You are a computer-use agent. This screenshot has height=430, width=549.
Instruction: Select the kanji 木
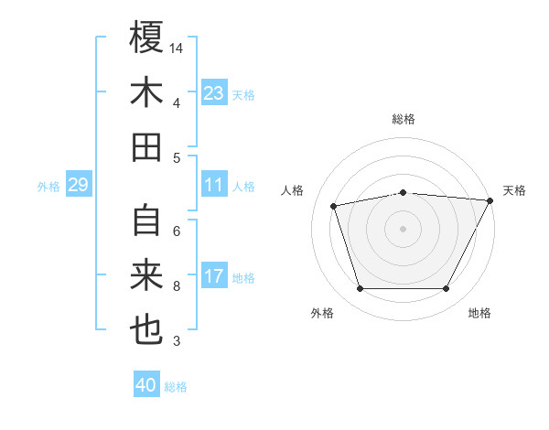tap(146, 92)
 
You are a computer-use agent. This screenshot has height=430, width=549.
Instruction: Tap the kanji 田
tap(146, 147)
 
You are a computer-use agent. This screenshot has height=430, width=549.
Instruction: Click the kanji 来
tap(146, 275)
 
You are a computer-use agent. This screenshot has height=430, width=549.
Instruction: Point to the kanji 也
tap(146, 330)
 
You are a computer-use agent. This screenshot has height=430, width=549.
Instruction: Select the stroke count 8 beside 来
tap(177, 286)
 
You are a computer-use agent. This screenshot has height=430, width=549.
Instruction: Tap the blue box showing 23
tap(214, 93)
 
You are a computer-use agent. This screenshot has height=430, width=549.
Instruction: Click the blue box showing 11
tap(214, 185)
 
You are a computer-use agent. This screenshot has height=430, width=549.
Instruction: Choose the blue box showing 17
tap(214, 276)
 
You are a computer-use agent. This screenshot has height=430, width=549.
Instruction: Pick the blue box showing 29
tap(78, 186)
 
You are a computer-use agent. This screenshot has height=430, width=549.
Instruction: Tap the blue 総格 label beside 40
tap(176, 387)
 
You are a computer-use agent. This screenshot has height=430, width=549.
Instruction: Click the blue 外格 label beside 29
tap(48, 187)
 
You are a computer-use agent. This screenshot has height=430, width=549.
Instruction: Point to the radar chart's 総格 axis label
tap(404, 119)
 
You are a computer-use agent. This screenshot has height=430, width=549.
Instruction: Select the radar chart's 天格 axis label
tap(514, 190)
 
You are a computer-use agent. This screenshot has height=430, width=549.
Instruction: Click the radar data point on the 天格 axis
tap(490, 200)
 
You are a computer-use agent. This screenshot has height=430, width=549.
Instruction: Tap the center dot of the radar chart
tap(404, 228)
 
